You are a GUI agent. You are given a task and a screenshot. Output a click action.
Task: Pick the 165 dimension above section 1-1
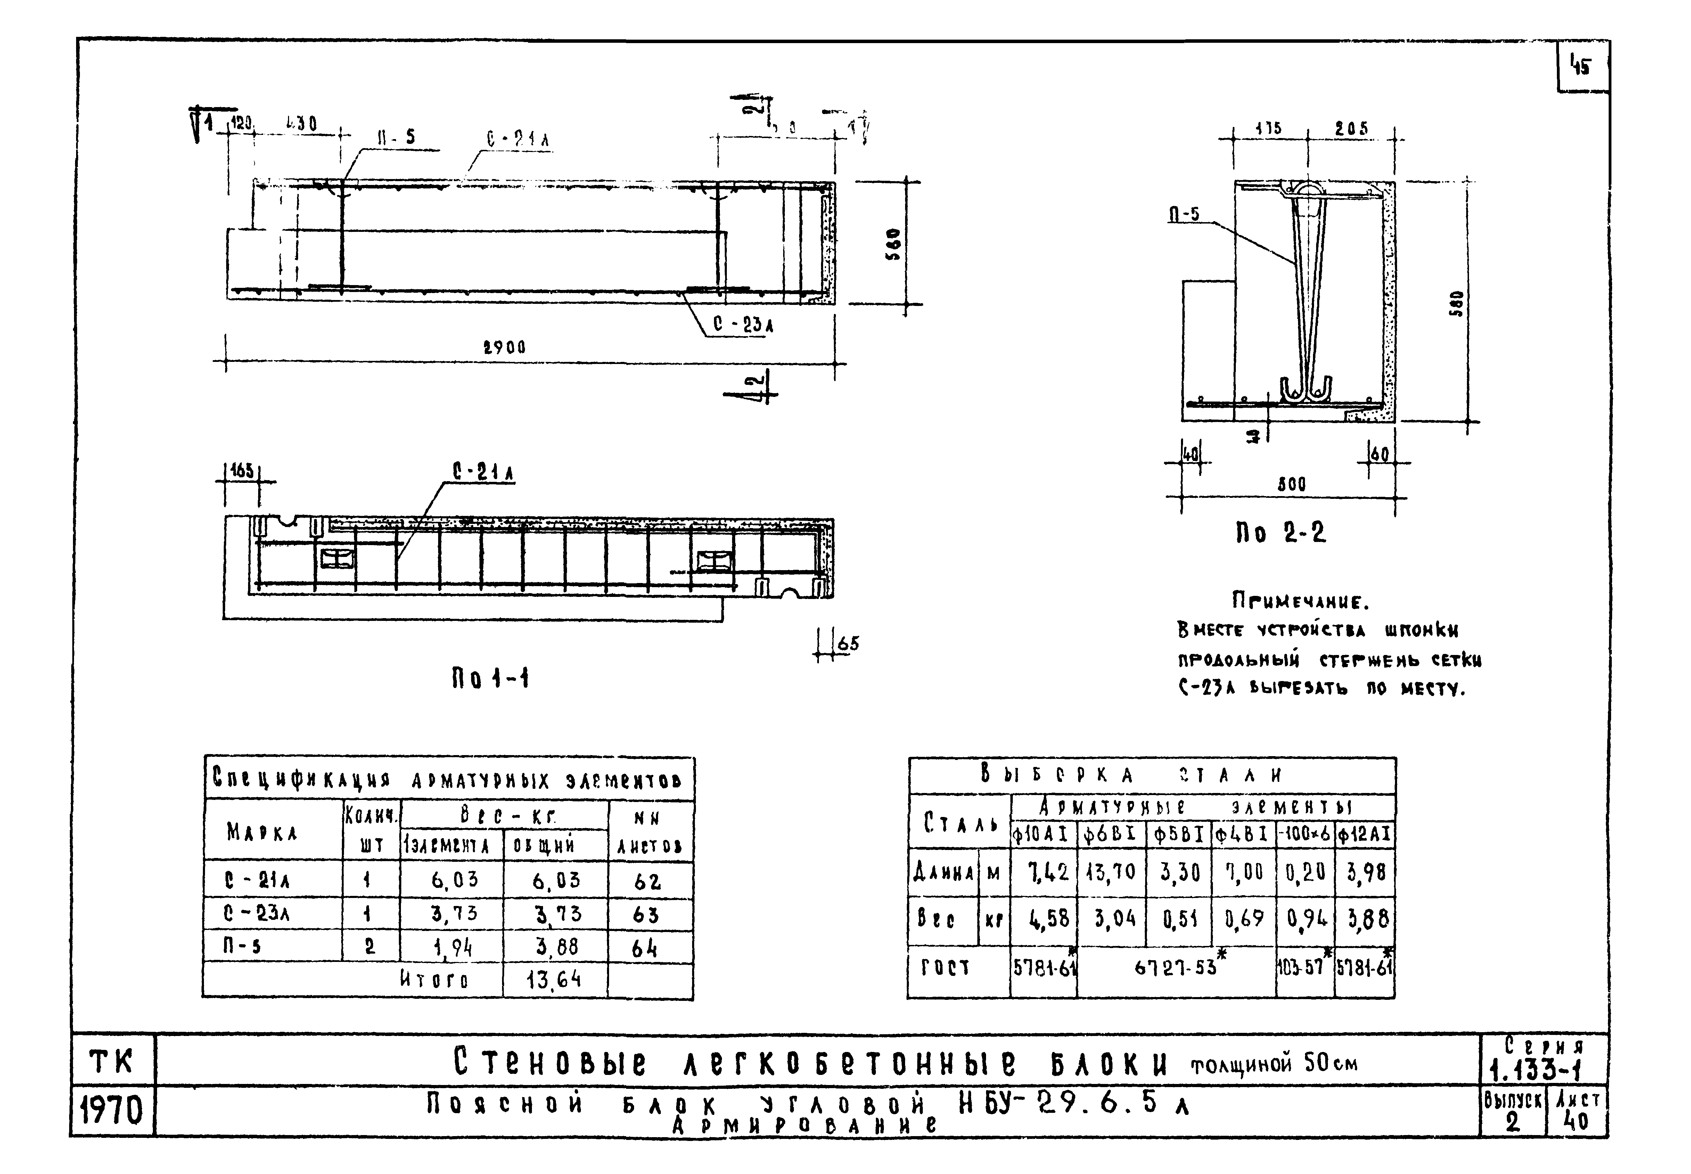242,471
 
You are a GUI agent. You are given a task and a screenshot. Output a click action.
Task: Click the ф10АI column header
1043,835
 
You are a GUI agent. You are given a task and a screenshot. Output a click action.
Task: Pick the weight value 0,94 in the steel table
1306,919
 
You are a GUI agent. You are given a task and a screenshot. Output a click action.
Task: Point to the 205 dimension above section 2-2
1351,129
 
